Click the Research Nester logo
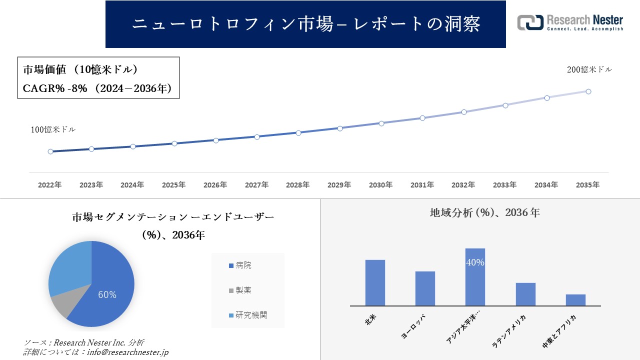click(x=570, y=22)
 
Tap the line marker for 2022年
click(x=50, y=151)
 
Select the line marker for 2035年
click(x=588, y=91)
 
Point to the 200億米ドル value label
click(x=589, y=70)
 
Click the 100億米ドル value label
click(x=53, y=129)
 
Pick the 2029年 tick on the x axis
click(x=339, y=185)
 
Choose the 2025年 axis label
click(x=173, y=185)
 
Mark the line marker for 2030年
click(x=381, y=123)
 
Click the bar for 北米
click(x=375, y=283)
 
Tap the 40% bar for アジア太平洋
click(x=475, y=277)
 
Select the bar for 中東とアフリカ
click(x=575, y=300)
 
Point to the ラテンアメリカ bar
click(x=525, y=294)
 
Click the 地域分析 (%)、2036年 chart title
click(x=484, y=212)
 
